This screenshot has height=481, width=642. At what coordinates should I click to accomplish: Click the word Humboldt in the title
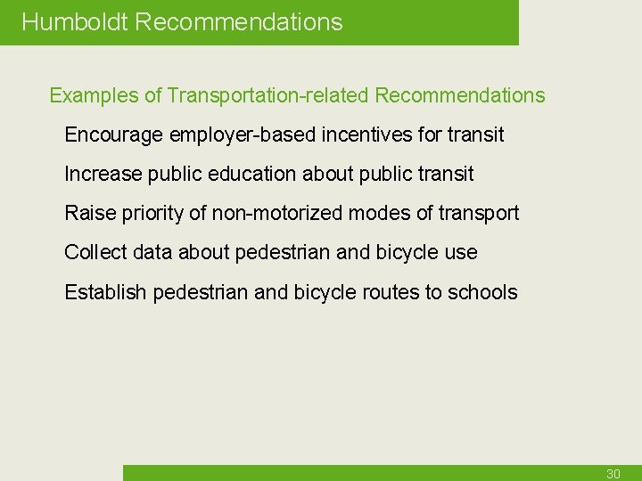pos(75,22)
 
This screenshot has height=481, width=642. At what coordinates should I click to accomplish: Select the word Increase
pos(101,175)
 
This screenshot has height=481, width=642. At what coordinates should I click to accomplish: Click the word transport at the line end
pos(478,214)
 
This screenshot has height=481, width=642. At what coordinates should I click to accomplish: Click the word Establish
pos(105,292)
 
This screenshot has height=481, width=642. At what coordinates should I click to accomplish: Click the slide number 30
pos(613,474)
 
